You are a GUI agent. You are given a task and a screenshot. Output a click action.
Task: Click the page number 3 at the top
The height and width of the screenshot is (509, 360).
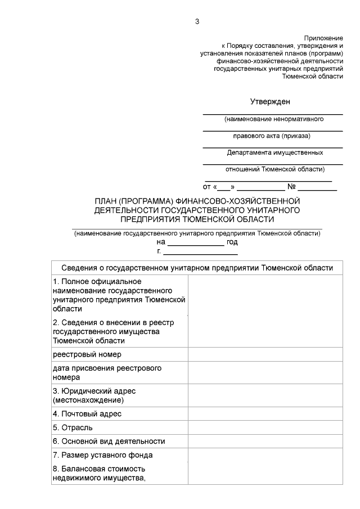pyautogui.click(x=197, y=22)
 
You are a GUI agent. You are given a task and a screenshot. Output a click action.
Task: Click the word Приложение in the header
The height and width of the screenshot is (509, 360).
pyautogui.click(x=323, y=37)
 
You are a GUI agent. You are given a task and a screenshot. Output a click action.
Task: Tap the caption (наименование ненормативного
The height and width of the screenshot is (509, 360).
pyautogui.click(x=273, y=120)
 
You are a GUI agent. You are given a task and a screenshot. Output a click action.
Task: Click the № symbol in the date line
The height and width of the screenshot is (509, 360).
pyautogui.click(x=291, y=186)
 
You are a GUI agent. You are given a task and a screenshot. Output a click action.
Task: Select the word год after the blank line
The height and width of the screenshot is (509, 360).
pyautogui.click(x=232, y=242)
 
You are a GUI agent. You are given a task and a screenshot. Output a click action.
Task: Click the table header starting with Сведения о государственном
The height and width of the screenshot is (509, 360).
pyautogui.click(x=197, y=268)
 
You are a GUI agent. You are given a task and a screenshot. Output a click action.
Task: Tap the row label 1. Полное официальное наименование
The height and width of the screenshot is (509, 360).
pyautogui.click(x=119, y=295)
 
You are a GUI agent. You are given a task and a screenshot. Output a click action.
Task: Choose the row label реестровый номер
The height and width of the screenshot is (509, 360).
pyautogui.click(x=87, y=354)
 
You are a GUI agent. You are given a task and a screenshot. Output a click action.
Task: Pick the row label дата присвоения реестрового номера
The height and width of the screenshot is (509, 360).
pyautogui.click(x=107, y=373)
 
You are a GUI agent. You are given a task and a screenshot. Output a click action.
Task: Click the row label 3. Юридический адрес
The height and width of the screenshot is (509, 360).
pyautogui.click(x=94, y=395)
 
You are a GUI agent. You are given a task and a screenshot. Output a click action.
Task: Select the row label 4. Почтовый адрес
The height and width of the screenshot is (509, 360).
pyautogui.click(x=87, y=414)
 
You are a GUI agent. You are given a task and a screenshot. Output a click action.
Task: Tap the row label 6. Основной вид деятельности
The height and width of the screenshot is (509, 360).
pyautogui.click(x=109, y=442)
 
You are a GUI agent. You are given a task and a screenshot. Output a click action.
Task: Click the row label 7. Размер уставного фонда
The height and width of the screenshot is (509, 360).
pyautogui.click(x=103, y=455)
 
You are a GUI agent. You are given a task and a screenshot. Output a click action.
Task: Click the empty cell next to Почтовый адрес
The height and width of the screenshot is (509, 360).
pyautogui.click(x=265, y=414)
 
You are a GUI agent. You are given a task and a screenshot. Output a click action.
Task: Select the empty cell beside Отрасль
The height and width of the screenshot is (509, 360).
pyautogui.click(x=265, y=427)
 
